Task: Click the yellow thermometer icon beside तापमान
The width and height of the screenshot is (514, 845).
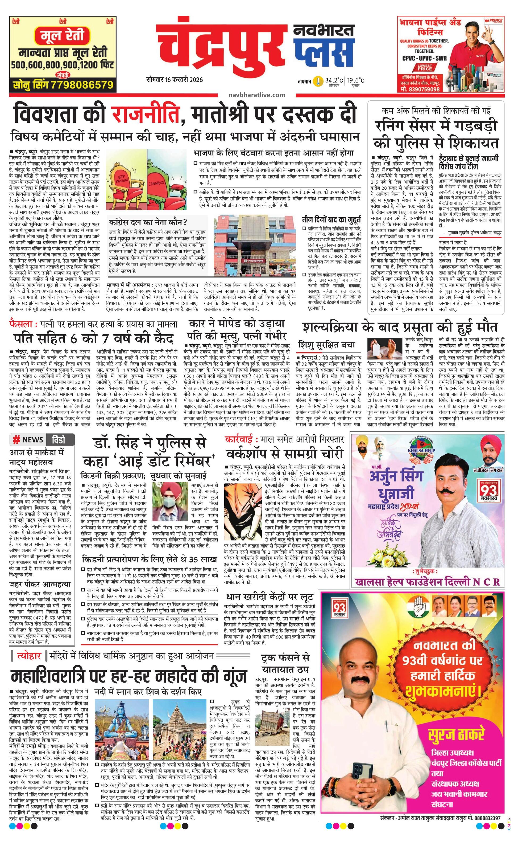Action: [319, 81]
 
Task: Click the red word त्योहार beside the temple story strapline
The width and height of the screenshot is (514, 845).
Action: [28, 656]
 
